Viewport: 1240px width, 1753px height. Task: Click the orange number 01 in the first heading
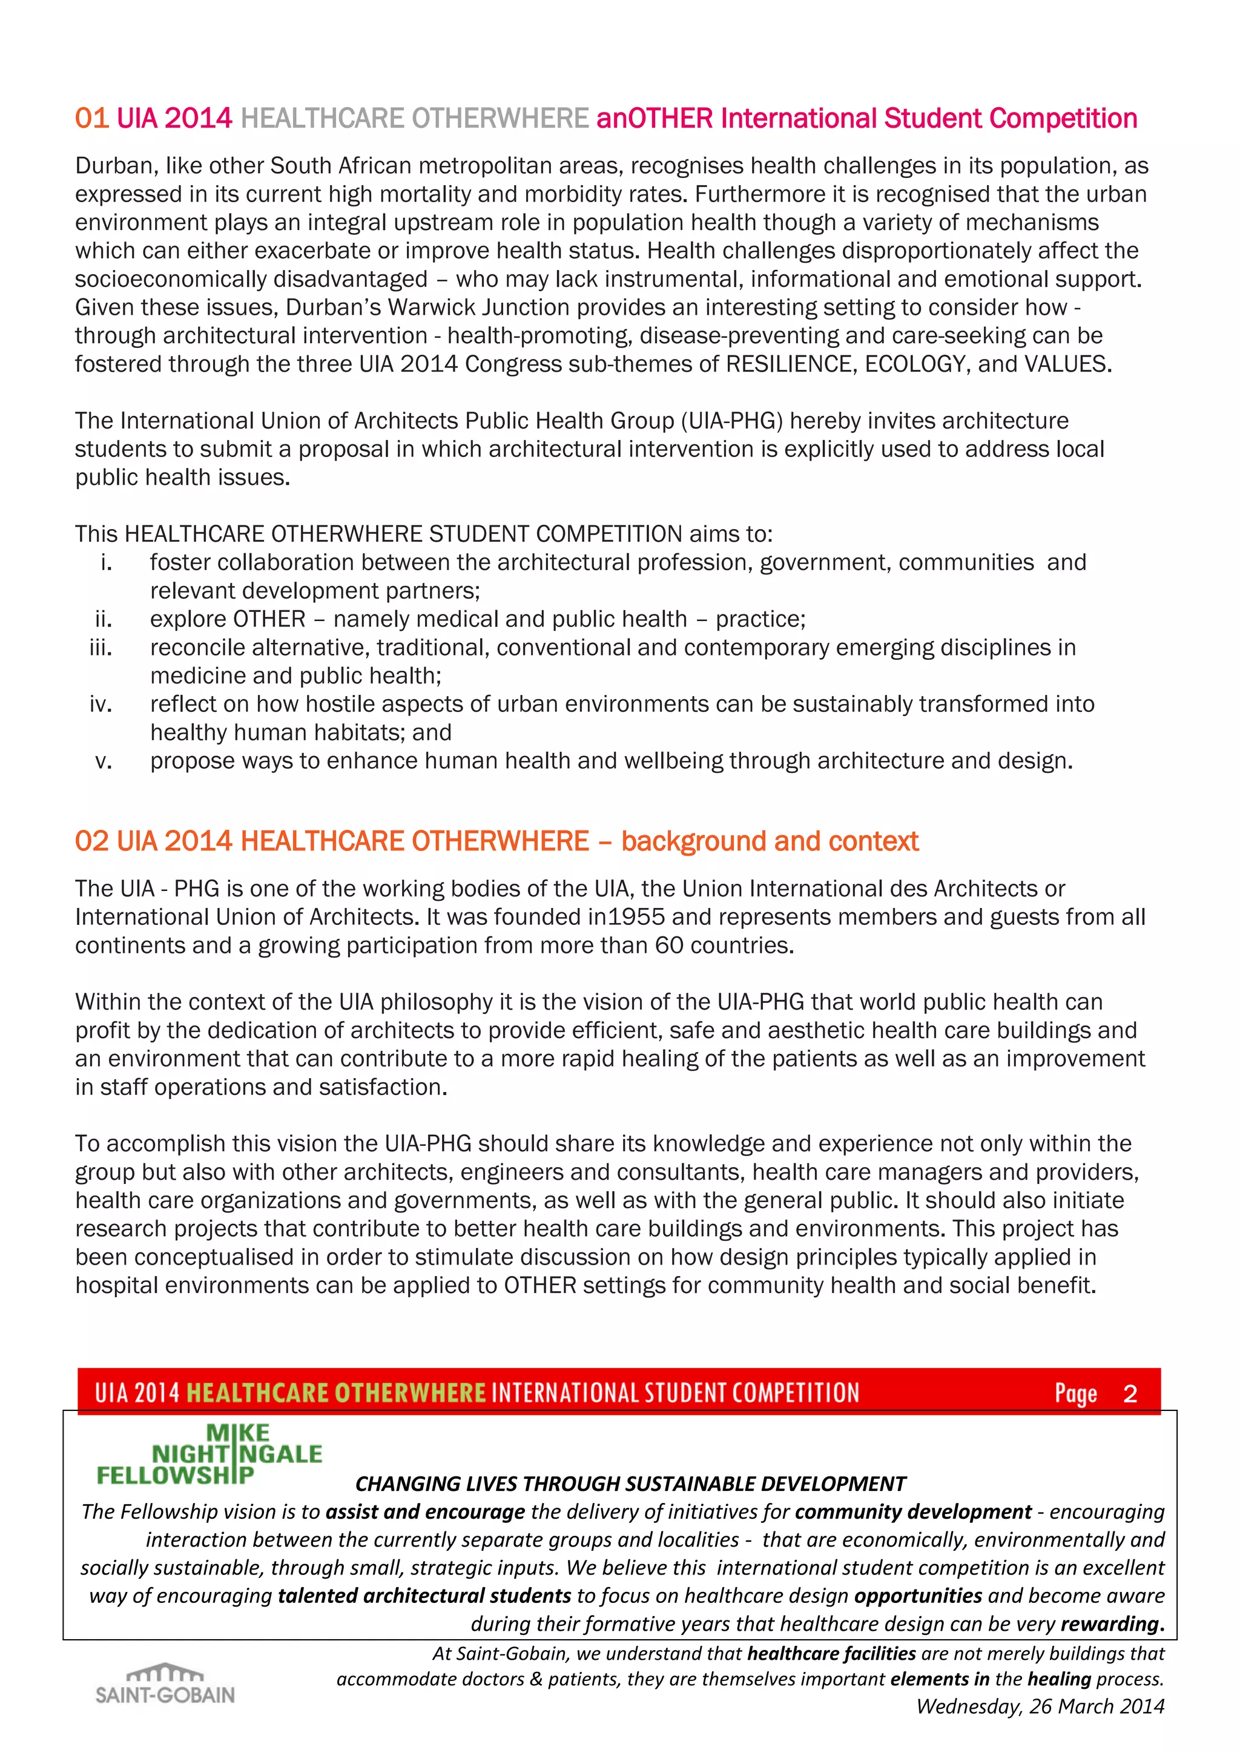(91, 119)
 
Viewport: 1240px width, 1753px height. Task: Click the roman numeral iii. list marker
(101, 648)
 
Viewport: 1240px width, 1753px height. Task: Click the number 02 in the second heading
(91, 841)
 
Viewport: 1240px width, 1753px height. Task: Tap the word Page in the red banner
(1076, 1393)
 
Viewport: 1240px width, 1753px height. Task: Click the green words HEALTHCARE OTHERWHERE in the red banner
(336, 1393)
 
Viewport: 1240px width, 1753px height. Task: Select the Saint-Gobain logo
(165, 1683)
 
